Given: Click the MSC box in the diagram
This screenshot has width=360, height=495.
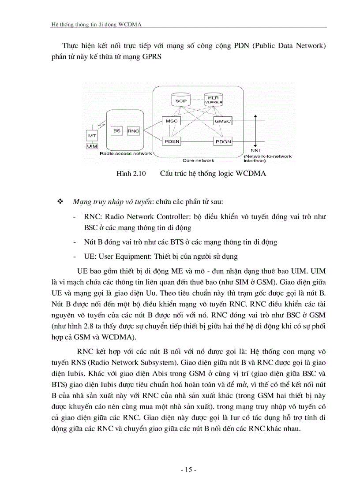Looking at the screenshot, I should coord(171,121).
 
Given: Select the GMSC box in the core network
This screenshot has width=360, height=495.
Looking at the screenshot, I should coord(222,121).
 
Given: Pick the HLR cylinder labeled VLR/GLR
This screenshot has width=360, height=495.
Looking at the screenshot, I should coord(213,100).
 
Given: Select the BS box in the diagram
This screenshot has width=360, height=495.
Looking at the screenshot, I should coord(117,130).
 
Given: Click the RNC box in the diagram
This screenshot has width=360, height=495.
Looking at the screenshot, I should coord(133,130).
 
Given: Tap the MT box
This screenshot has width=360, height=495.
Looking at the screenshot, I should coord(92,136).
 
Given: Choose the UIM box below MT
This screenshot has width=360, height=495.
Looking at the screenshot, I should coord(92,146).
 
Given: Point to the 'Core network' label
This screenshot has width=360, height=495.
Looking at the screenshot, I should coord(199,160).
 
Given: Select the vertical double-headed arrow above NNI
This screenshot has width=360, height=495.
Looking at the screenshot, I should coord(255,130).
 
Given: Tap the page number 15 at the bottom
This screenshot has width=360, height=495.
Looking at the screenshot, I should coord(188,470).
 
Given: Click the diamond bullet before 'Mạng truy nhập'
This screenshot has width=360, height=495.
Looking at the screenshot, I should coord(61,201).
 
